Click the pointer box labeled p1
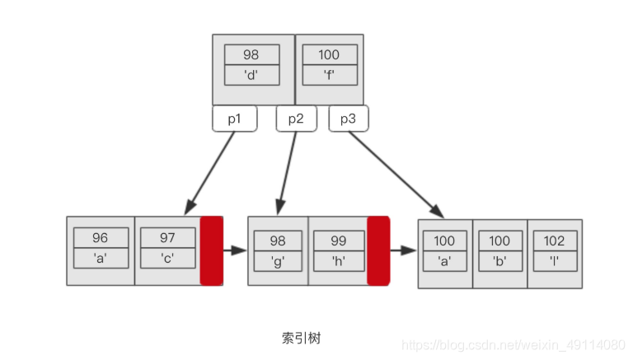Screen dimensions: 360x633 (x=235, y=119)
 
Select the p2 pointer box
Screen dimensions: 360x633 (x=296, y=119)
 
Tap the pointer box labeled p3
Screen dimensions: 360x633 (x=348, y=119)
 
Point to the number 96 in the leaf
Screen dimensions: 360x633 (x=101, y=238)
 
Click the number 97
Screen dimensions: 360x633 (x=167, y=238)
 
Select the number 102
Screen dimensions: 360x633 (x=554, y=241)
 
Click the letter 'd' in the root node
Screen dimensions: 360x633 (x=251, y=73)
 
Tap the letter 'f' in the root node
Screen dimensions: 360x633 (x=328, y=73)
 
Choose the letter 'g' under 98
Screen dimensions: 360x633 (x=278, y=260)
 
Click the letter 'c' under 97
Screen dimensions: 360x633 (x=167, y=258)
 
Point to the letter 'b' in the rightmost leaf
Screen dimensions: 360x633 (x=499, y=260)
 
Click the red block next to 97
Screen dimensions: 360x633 (x=212, y=250)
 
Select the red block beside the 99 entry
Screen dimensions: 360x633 (x=378, y=250)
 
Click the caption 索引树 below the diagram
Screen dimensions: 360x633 (x=307, y=338)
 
